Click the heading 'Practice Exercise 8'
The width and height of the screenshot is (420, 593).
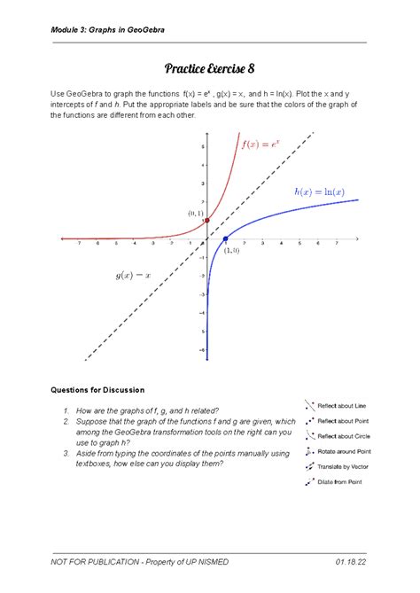tap(209, 68)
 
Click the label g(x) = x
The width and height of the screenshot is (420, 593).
tap(133, 276)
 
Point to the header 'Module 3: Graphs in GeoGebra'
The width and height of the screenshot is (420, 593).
tap(106, 30)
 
